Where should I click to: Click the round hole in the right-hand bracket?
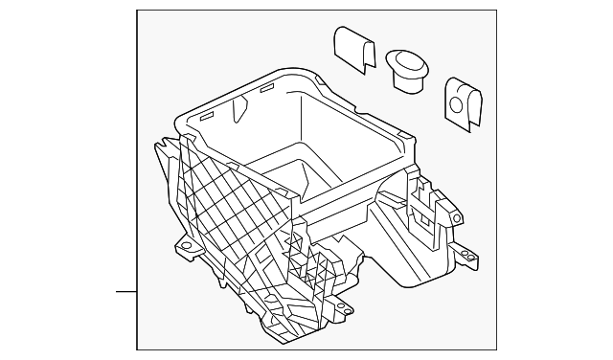pyautogui.click(x=464, y=97)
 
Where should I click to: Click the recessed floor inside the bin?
pyautogui.click(x=287, y=182)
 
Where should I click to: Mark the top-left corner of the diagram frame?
pyautogui.click(x=137, y=11)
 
